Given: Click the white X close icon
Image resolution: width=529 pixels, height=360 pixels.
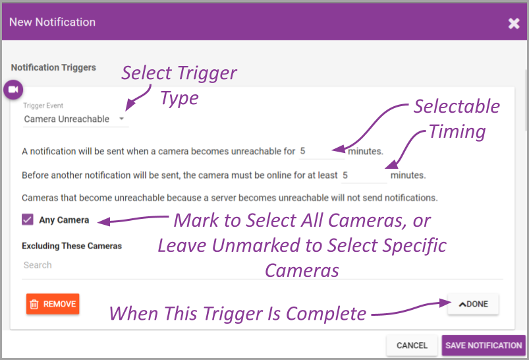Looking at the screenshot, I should point(514,24).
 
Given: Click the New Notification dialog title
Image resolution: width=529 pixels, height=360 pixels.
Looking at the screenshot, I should point(52,22).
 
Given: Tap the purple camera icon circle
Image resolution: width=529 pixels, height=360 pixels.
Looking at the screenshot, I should point(13,90).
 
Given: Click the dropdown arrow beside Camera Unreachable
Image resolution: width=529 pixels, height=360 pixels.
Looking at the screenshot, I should point(122,119).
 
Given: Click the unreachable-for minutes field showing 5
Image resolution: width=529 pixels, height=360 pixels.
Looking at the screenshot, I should point(321,151).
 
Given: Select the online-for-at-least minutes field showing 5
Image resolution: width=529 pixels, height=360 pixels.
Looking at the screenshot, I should point(363,175).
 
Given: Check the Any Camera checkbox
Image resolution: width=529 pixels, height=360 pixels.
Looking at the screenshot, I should point(28,220).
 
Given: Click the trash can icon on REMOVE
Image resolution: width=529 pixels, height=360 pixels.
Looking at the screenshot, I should point(35,304).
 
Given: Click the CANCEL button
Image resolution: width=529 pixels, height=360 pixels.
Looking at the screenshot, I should point(412,345).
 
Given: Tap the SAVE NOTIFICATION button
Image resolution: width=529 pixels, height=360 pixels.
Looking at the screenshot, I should point(484,345).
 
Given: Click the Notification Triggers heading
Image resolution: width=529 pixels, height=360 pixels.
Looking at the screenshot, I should point(53,67).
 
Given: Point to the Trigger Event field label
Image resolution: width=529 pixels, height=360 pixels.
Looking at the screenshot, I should point(43,105).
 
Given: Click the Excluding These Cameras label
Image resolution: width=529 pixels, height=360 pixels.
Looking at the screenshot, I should point(71,246).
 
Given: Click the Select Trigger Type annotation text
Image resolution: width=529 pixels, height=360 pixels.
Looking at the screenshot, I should point(179,85).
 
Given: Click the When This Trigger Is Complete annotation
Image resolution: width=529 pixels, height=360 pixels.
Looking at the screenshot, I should point(237,313).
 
